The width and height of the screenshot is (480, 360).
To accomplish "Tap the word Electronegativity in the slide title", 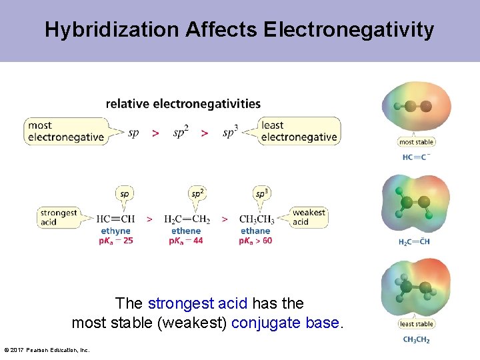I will (x=349, y=30).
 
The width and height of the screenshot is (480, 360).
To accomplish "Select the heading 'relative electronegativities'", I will (x=183, y=104).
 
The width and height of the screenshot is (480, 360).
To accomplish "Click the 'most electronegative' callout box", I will (x=66, y=131).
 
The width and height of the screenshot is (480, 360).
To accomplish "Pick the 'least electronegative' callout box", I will (x=299, y=131).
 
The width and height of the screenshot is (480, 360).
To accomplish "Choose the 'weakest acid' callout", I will (x=309, y=217).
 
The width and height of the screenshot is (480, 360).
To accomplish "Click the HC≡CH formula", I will (x=115, y=219).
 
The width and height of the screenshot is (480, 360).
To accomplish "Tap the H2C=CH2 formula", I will (x=187, y=219).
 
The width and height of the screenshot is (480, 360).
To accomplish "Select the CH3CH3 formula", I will (x=256, y=219).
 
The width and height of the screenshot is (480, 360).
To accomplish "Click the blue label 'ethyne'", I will (x=115, y=231).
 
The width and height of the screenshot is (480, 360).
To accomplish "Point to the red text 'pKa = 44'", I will (x=187, y=241).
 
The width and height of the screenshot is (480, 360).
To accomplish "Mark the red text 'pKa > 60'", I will (x=256, y=241).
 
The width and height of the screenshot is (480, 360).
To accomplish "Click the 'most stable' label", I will (x=416, y=142).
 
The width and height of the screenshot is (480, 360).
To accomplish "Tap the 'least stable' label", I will (x=416, y=324).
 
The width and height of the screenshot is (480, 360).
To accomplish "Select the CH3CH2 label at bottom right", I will (x=416, y=340).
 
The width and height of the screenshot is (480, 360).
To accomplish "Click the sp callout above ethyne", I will (x=124, y=194).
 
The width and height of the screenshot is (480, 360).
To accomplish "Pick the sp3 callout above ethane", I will (x=262, y=194).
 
